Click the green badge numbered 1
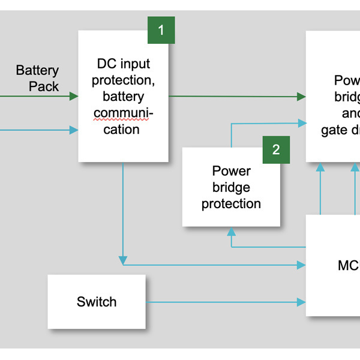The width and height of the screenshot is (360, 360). point(161,30)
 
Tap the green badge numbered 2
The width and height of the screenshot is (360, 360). point(276,149)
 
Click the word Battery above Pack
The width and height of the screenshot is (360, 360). point(37,70)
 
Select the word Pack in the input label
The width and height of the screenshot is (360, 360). point(44,86)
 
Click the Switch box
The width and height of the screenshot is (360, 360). point(97,302)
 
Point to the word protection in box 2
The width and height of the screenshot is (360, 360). point(231,204)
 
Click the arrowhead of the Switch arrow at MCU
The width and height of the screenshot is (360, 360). point(302,302)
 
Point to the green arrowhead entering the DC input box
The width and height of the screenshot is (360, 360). point(74,96)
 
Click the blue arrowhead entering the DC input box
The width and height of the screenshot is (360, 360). point(74,130)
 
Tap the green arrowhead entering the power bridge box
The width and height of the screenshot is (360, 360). point(302,96)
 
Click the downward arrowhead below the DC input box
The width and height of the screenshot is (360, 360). point(123,260)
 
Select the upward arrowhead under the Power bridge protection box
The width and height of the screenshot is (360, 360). point(231,231)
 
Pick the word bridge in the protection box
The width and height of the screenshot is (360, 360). point(231,187)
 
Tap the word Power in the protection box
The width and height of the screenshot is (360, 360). point(231,171)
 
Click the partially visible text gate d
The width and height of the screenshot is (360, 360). point(340,131)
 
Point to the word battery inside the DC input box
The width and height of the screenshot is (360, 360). point(124,96)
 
